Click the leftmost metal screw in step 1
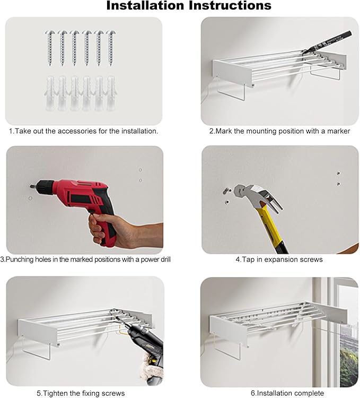pos(50,48)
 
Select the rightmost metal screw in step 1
pos(111,48)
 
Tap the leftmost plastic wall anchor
pos(50,93)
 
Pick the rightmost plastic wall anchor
pos(111,93)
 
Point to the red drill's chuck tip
pos(31,186)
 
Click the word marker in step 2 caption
pos(338,131)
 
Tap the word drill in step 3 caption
pos(165,259)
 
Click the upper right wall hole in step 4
pos(338,174)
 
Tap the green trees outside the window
pos(349,366)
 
